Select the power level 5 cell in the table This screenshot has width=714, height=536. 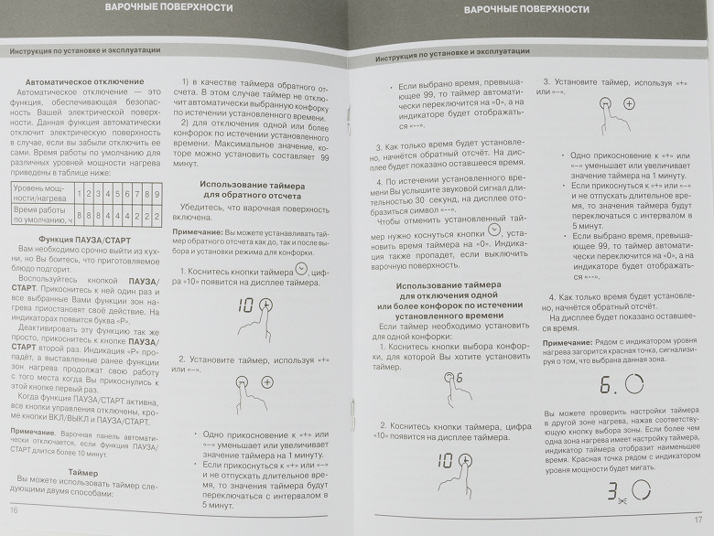pos(114,194)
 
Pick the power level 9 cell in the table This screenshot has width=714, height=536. pos(157,194)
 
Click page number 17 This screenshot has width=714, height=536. pos(698,520)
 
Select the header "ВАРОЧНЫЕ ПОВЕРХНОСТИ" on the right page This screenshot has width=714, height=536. pos(526,9)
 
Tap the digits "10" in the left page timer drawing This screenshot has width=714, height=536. pos(246,305)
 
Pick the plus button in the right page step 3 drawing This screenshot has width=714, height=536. pos(629,104)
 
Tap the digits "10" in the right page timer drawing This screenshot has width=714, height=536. pos(447,460)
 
